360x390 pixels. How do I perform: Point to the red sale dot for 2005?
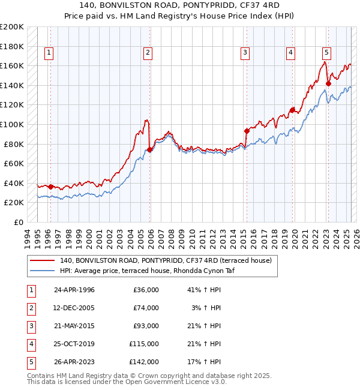pos(150,150)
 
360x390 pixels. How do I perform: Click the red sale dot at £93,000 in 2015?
pos(247,131)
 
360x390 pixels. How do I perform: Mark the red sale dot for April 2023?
pos(328,83)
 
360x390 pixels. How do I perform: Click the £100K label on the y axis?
pos(13,124)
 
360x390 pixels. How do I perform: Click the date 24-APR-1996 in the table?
pos(74,290)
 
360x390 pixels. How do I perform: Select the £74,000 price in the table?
pos(146,308)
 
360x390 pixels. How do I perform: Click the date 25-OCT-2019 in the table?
pos(74,344)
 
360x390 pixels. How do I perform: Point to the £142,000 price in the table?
pos(144,362)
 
